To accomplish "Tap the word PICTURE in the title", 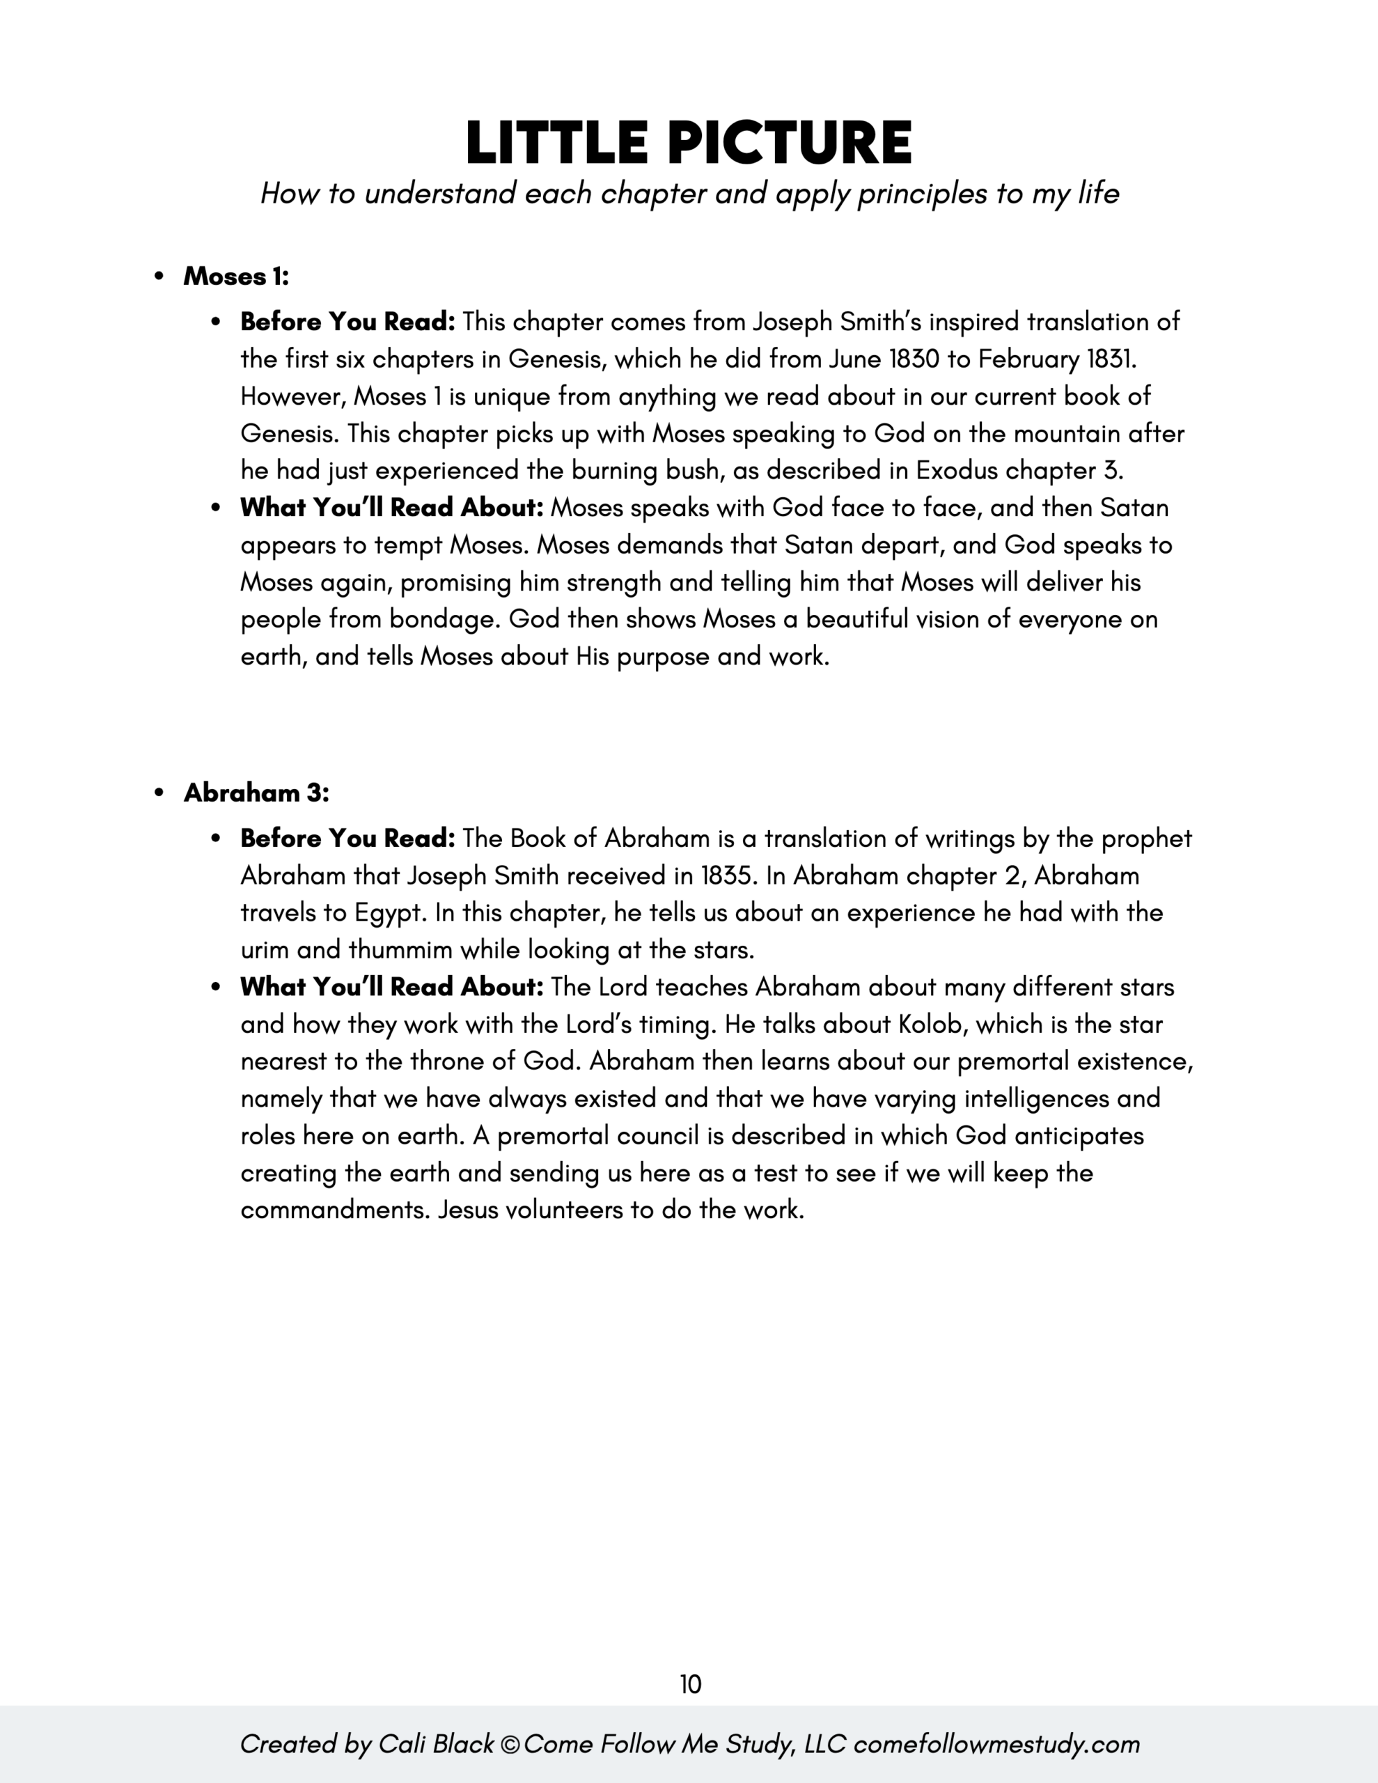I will point(790,143).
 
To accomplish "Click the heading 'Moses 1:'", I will point(236,277).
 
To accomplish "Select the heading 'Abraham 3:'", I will point(256,793).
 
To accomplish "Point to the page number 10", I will point(690,1684).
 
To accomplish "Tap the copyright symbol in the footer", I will point(510,1745).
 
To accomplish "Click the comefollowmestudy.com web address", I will point(996,1745).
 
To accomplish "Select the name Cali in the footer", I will point(402,1745).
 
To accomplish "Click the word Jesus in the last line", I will point(468,1210).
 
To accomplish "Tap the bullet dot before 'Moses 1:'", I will point(159,277).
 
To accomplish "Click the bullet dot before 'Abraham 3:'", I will point(159,793).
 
